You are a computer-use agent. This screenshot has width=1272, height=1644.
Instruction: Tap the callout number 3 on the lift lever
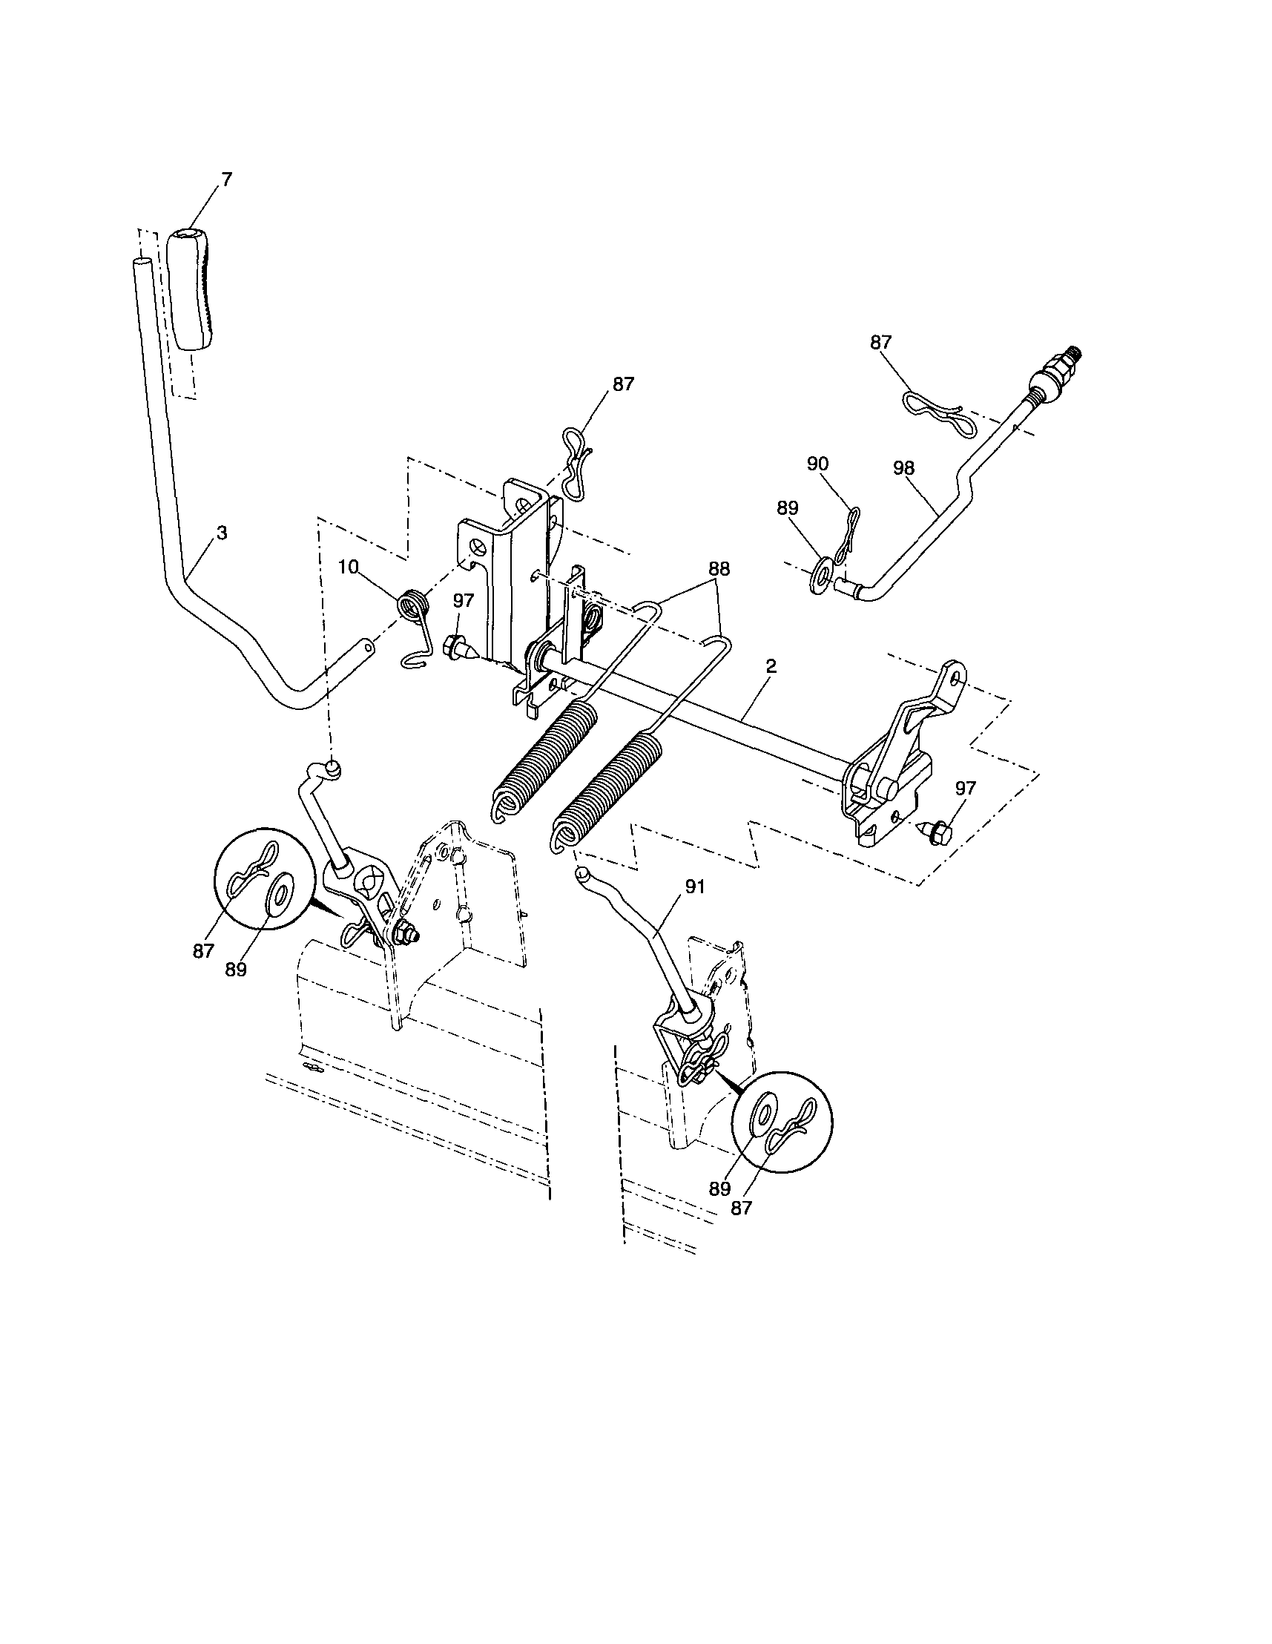(x=221, y=533)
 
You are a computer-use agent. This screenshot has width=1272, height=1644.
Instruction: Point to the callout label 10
(x=348, y=567)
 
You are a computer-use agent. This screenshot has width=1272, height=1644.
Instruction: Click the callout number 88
(x=719, y=569)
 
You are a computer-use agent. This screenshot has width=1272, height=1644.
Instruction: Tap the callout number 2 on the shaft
(x=771, y=666)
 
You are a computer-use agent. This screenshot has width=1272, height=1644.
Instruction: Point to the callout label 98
(x=903, y=467)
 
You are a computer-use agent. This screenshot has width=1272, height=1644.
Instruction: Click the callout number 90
(x=817, y=464)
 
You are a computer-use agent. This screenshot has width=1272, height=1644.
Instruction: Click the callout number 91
(x=695, y=887)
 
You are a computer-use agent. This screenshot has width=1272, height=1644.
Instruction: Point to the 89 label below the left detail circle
(x=236, y=970)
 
